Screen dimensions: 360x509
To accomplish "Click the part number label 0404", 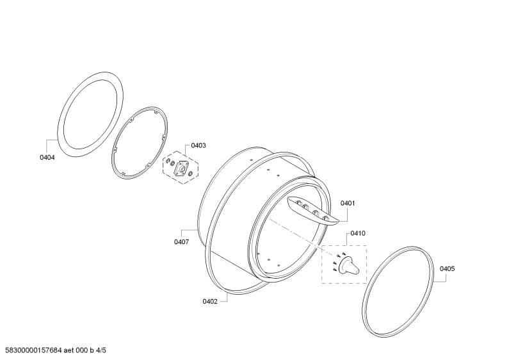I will (x=47, y=157).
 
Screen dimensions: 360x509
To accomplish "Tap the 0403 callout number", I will (x=198, y=145).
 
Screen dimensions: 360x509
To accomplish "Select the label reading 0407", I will (x=181, y=241).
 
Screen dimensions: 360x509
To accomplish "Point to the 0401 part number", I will (x=348, y=203).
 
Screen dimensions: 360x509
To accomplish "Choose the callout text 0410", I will (x=358, y=234).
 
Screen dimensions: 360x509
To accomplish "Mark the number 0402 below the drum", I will (x=210, y=301).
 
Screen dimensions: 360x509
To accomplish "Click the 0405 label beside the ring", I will (x=447, y=269).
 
